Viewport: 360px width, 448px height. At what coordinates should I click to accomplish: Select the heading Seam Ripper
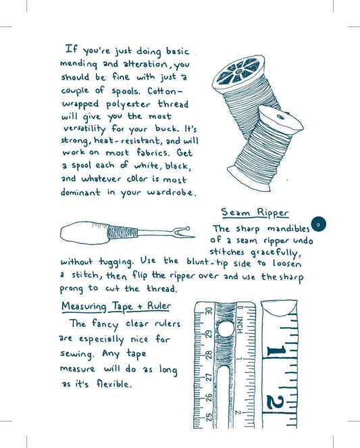(255, 212)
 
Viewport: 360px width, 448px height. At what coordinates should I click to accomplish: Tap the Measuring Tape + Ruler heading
(116, 306)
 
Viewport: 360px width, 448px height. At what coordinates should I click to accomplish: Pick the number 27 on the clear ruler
(209, 378)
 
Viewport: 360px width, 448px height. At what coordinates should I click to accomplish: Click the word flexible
(110, 384)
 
